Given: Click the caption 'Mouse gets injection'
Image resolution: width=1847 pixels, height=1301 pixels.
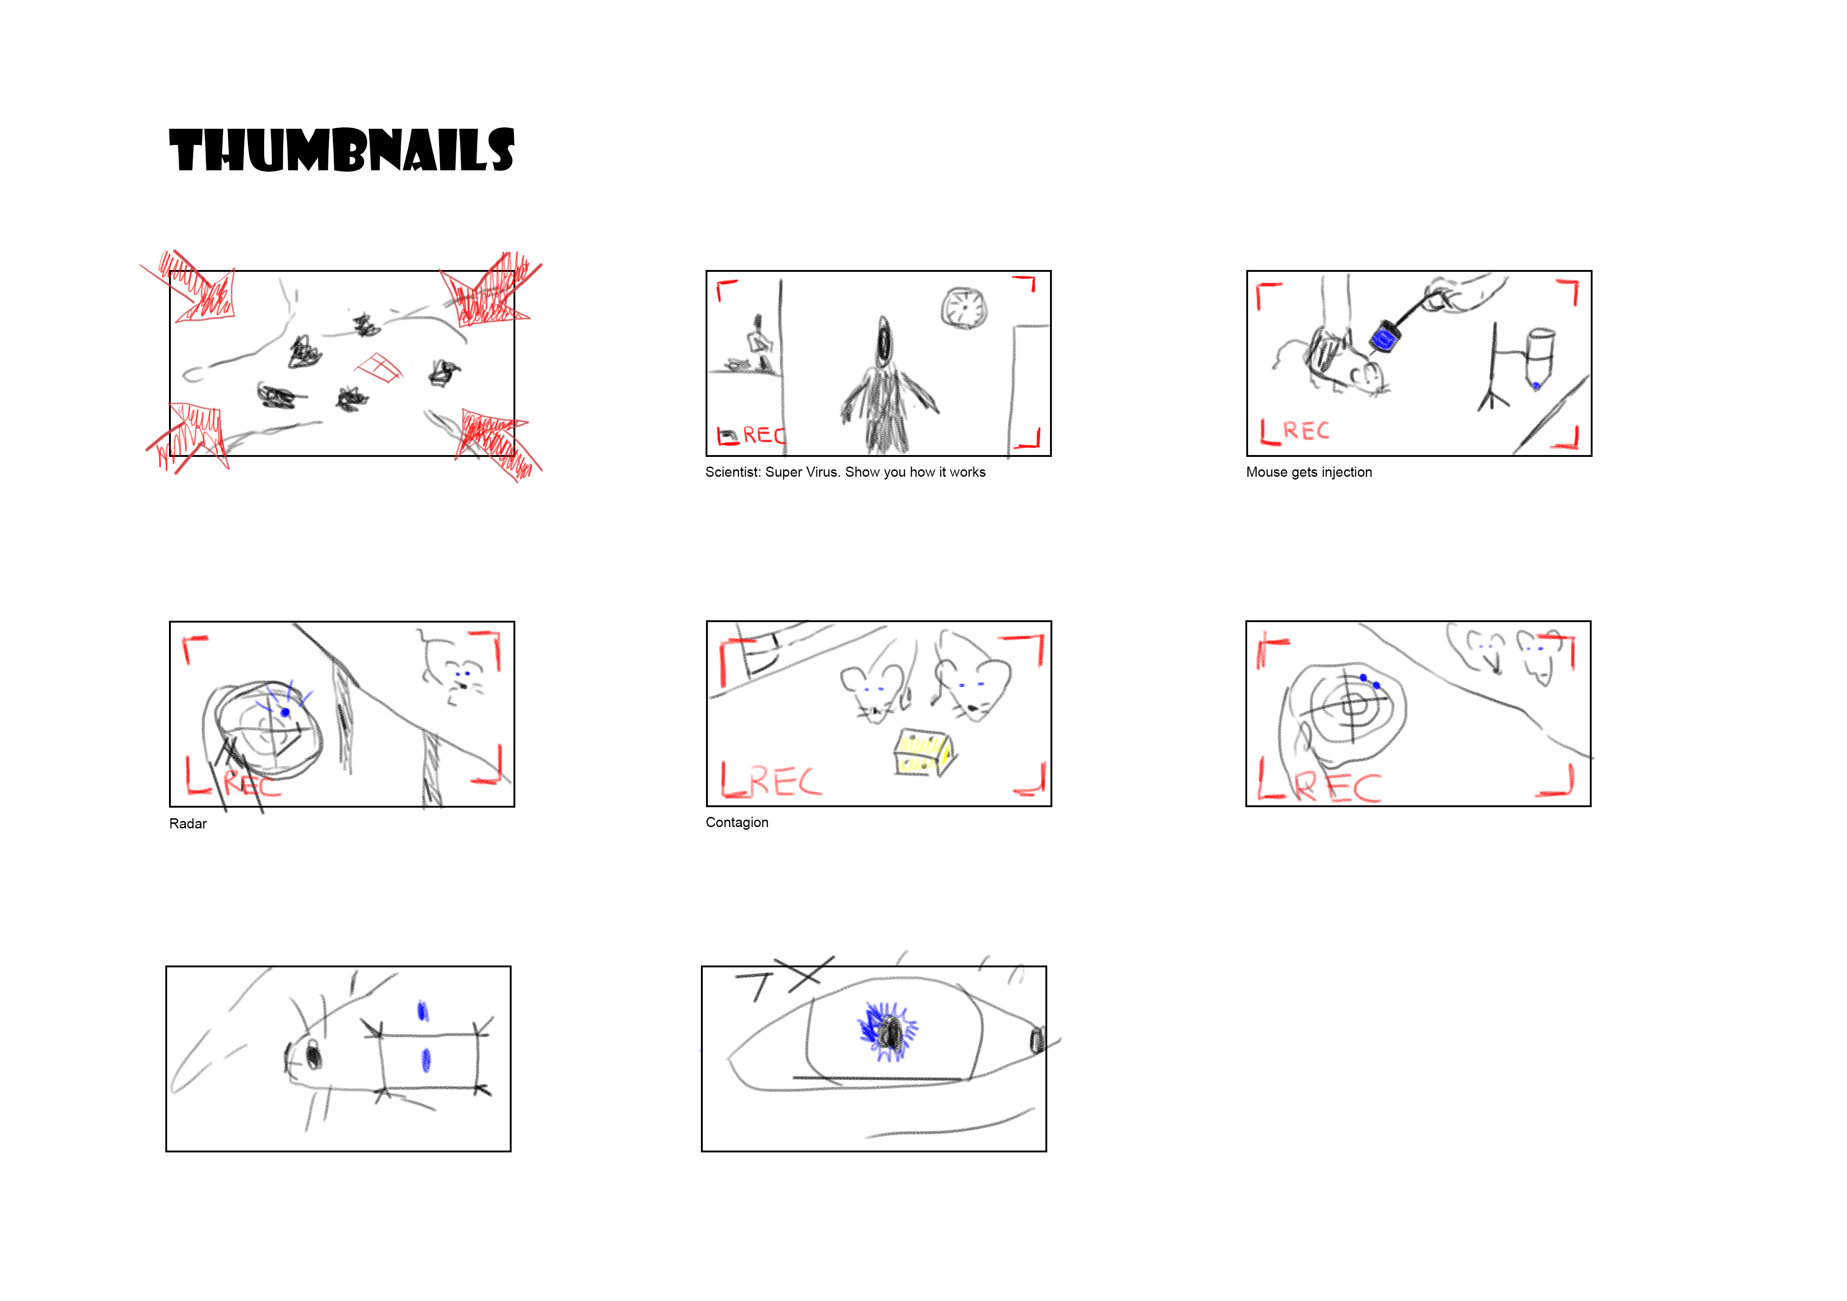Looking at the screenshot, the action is (x=1309, y=473).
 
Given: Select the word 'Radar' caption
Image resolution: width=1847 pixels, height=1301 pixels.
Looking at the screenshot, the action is (x=187, y=823).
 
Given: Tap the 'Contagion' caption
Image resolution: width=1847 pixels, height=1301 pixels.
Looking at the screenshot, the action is (x=737, y=822).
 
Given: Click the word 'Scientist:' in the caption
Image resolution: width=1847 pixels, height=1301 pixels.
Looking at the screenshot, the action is (x=733, y=473).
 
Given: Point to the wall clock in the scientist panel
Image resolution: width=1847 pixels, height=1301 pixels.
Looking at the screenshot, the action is (x=964, y=307).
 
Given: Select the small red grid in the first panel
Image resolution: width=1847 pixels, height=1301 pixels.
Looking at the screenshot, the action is (x=380, y=368).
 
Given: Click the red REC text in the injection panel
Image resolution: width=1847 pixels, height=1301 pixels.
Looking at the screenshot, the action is (x=1306, y=431).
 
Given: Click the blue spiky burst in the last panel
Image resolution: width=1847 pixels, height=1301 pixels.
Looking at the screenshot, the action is (x=887, y=1031).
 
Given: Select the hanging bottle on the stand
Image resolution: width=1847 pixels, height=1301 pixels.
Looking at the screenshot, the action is (x=1539, y=357).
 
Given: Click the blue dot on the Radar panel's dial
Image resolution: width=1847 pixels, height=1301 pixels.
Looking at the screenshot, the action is (x=285, y=713).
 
